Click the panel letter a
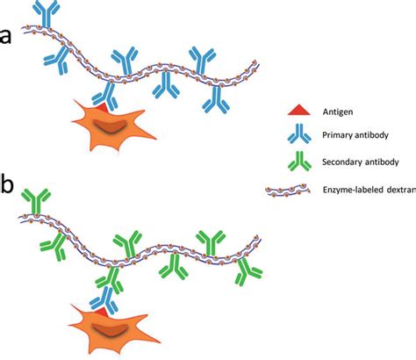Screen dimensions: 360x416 click(6, 37)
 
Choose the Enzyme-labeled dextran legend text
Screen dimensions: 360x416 click(369, 190)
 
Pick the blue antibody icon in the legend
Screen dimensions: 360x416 click(298, 135)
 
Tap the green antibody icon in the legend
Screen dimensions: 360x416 click(298, 162)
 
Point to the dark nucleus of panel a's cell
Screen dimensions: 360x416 click(111, 128)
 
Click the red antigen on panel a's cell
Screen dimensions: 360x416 click(103, 106)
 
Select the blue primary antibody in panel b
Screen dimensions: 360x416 click(107, 290)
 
